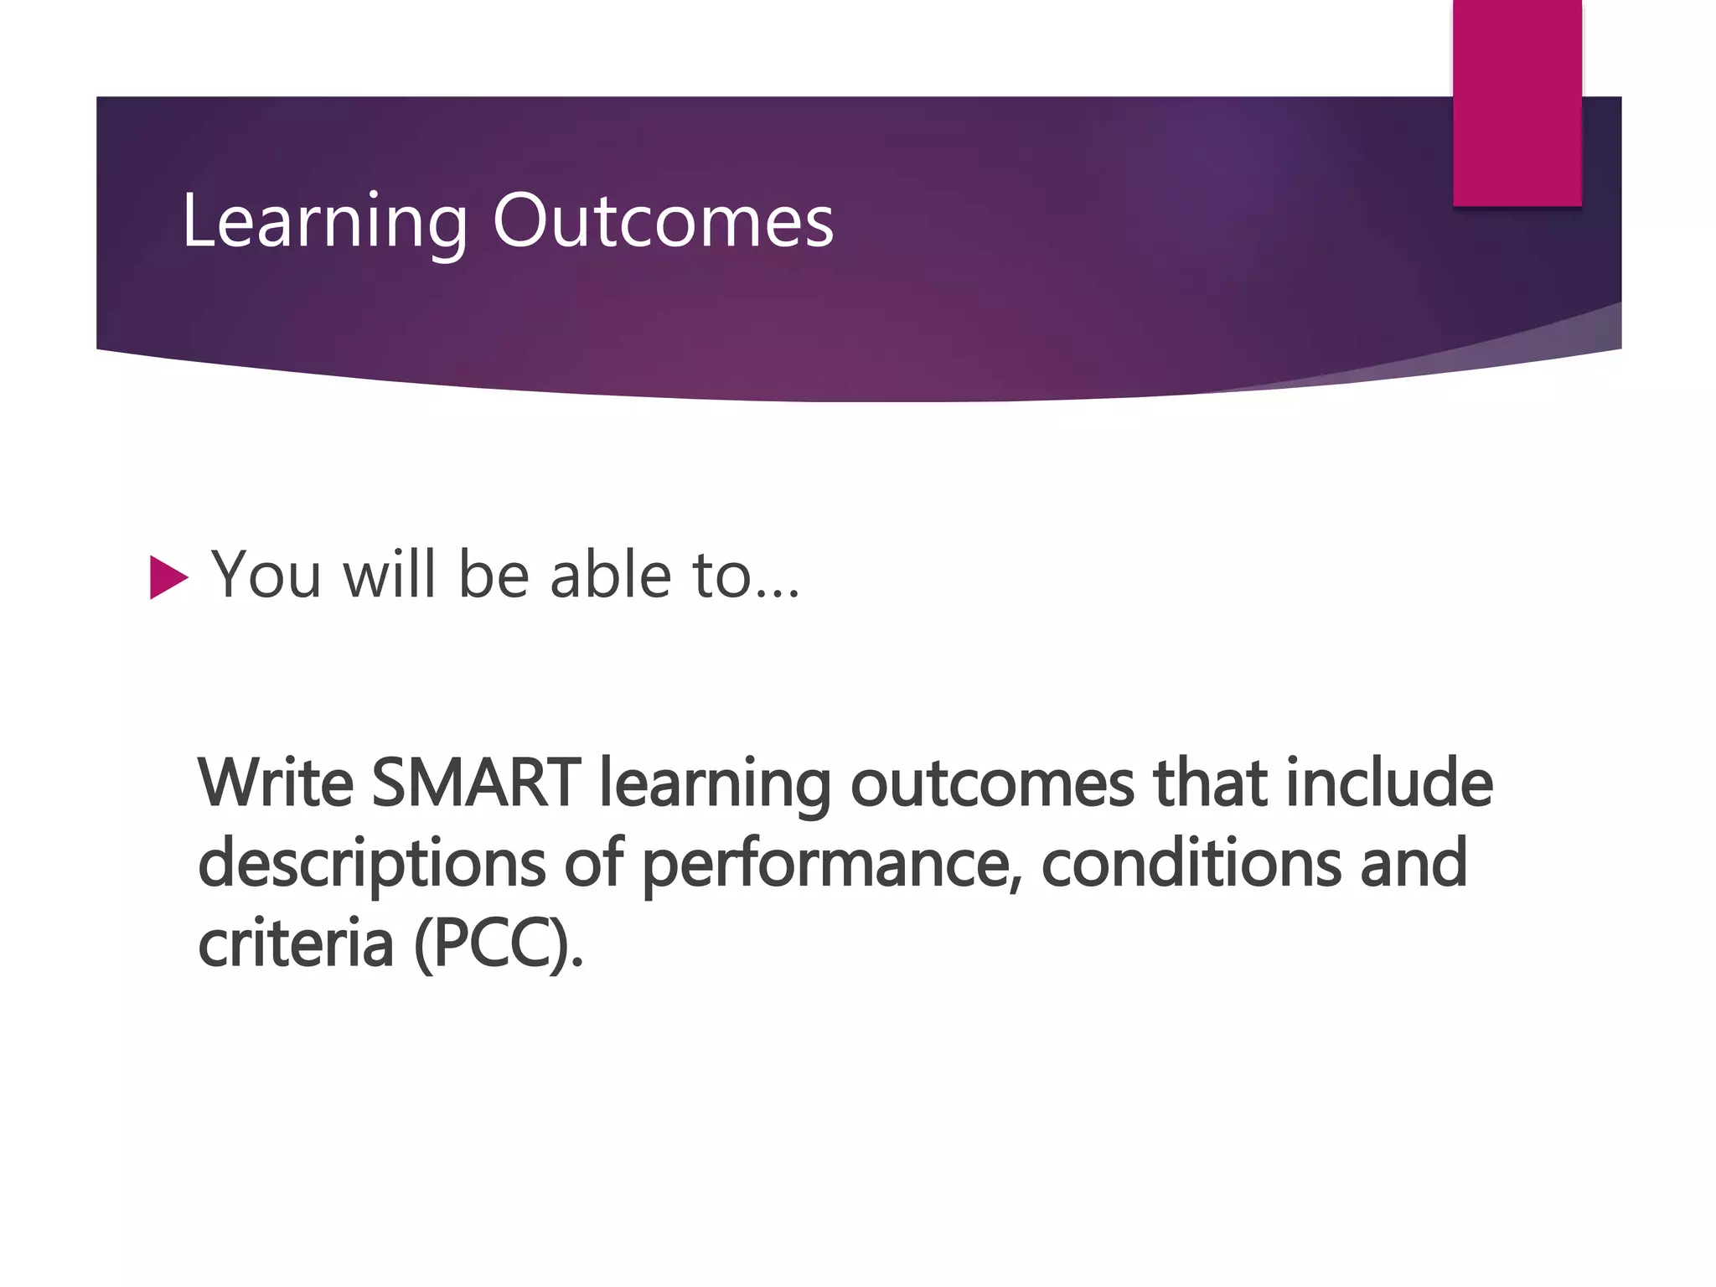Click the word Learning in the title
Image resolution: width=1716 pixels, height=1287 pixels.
[323, 222]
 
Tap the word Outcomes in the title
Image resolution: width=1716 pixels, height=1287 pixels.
[663, 222]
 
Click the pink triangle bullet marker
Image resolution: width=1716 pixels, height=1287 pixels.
[168, 577]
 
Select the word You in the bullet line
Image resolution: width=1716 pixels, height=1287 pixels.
[266, 576]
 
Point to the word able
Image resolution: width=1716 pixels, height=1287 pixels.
[610, 576]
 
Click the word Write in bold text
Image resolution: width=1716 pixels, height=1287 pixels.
[276, 783]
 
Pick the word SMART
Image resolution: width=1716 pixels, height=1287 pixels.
[476, 783]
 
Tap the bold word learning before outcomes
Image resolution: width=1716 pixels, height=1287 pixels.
[715, 784]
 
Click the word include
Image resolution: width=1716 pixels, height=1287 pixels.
[1389, 783]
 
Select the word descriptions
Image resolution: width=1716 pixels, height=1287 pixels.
[372, 865]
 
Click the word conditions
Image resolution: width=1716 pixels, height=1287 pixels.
[1191, 863]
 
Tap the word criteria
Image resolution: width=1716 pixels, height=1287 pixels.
[295, 943]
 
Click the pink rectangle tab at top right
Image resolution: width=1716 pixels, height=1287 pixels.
[1517, 102]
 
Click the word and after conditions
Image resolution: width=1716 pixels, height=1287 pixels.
[1413, 863]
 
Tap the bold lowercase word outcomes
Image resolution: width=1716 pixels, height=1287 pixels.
[992, 784]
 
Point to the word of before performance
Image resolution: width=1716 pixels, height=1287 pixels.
[593, 863]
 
